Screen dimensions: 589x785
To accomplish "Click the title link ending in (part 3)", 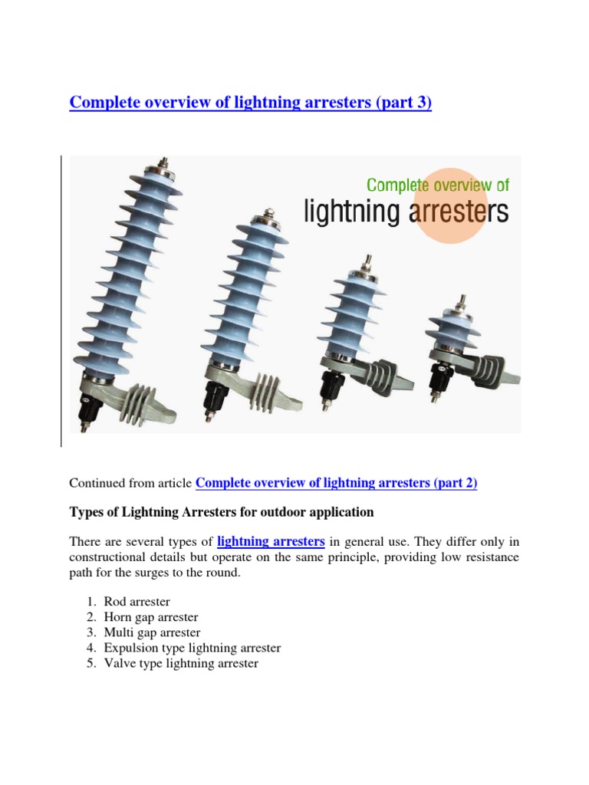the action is click(250, 103).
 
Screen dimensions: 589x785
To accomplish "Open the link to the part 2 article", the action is click(337, 484).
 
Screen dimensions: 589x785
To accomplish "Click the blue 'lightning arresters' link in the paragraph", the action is click(271, 542).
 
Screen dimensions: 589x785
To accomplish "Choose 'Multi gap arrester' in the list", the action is click(153, 632).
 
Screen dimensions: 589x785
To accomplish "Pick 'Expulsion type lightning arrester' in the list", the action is click(192, 648).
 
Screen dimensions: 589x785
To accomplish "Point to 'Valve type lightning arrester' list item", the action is click(181, 663).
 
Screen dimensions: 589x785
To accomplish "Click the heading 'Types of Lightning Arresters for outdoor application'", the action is click(222, 511).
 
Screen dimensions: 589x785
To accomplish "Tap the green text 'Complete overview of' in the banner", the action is click(437, 185).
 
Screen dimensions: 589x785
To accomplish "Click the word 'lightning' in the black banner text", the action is click(354, 212).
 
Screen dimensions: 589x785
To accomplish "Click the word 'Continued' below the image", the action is click(93, 484).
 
